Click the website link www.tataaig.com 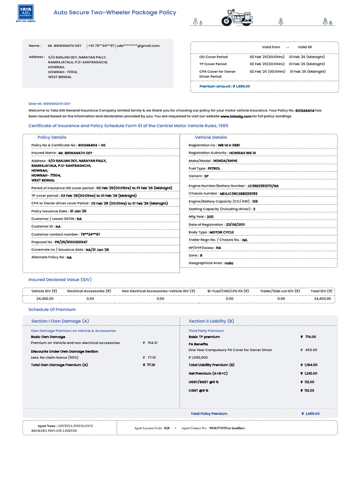click(236, 116)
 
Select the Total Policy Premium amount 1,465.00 click(312, 414)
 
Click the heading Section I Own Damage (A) click(60, 321)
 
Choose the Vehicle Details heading click(211, 137)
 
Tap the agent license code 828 click(167, 428)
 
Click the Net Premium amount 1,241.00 click(310, 374)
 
